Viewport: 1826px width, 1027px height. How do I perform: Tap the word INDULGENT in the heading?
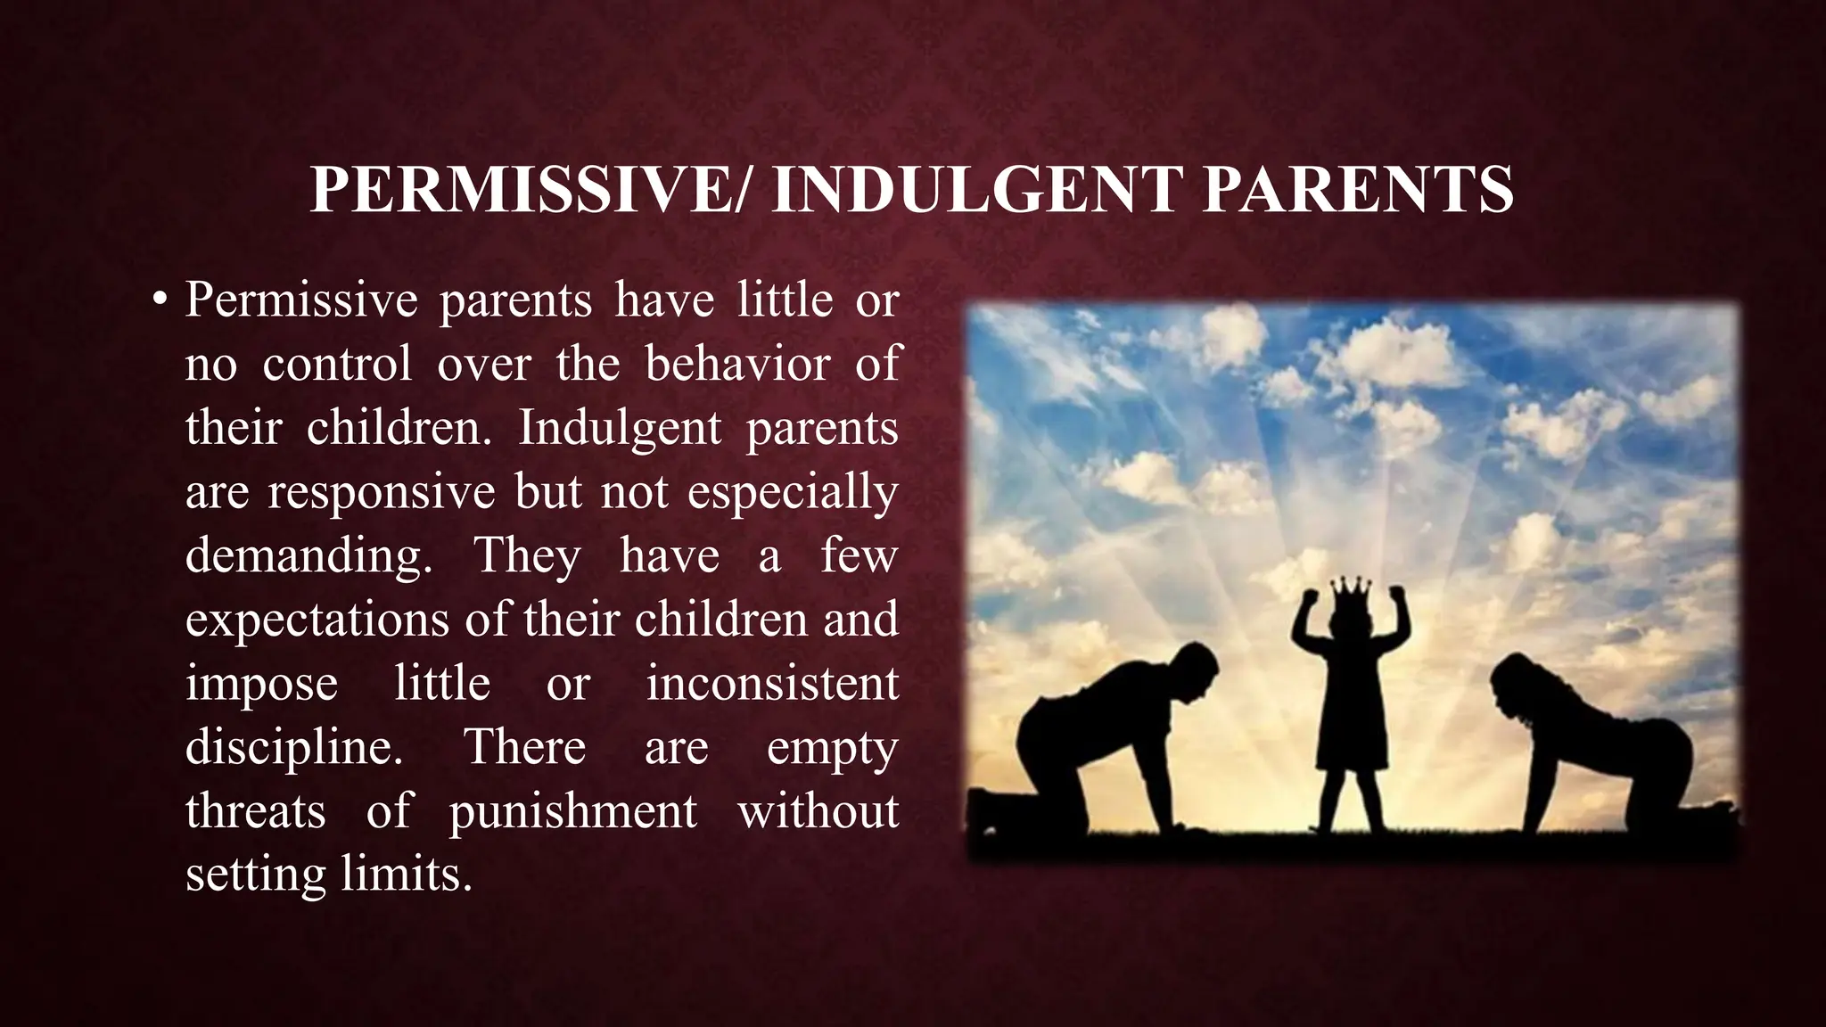(975, 189)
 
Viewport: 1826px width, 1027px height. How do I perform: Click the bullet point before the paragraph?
(160, 300)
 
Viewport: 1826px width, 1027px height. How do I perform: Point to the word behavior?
(738, 364)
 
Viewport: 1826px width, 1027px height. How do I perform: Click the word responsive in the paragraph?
(382, 491)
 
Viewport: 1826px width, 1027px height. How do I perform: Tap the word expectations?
(317, 620)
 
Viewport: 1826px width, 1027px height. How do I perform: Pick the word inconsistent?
(772, 684)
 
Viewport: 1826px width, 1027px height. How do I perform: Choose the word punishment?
(572, 811)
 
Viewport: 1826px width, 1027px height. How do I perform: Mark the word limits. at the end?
(407, 875)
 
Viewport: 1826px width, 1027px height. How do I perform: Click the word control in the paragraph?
(337, 364)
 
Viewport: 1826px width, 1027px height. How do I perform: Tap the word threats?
(255, 811)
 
